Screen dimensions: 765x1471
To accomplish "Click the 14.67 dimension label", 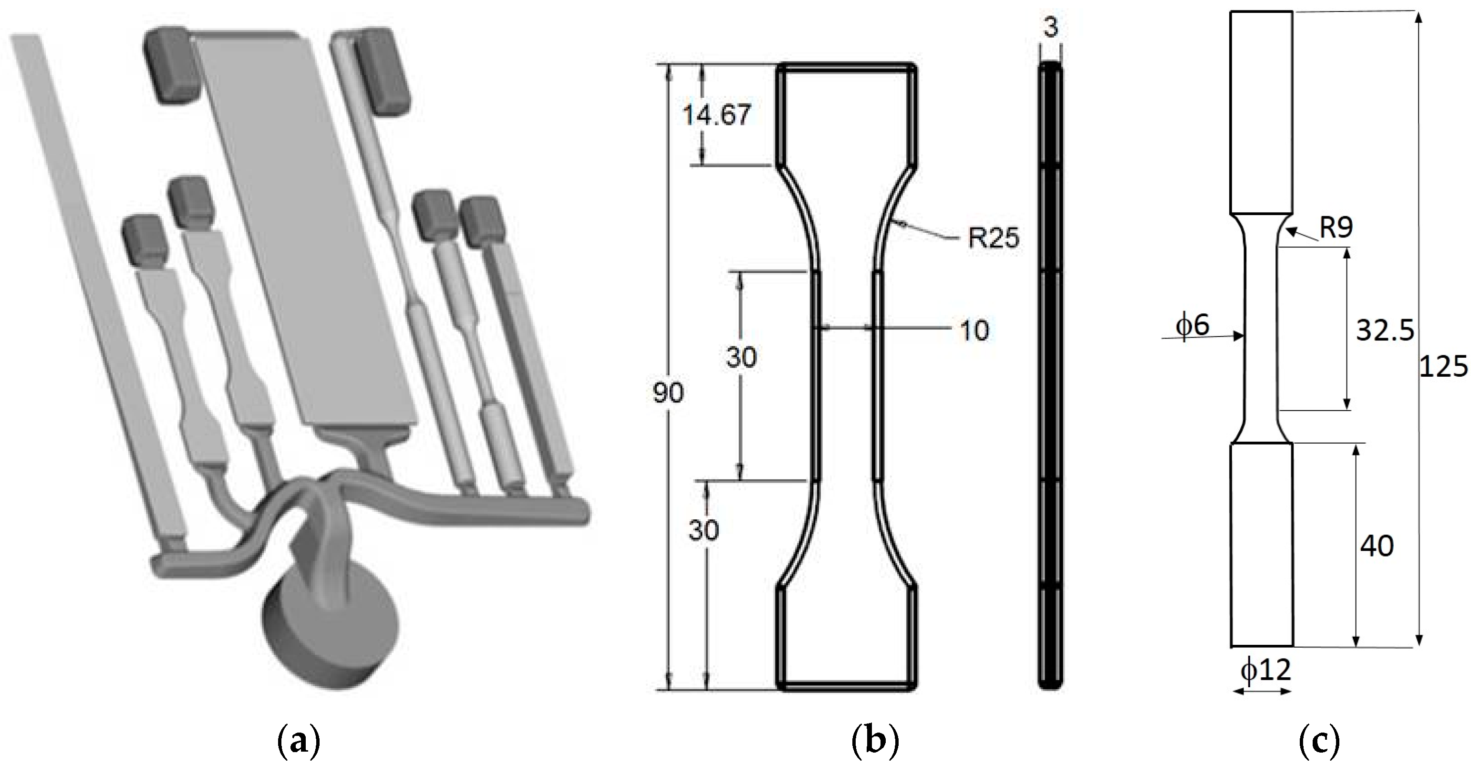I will tap(716, 115).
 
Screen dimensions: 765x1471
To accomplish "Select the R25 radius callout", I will tap(993, 238).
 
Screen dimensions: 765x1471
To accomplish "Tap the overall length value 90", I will tap(668, 393).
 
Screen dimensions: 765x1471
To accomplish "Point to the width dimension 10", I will tap(974, 330).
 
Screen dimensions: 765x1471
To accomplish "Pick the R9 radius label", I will tap(1336, 228).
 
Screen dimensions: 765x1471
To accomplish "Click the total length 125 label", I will tap(1443, 366).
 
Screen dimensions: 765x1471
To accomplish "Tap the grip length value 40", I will tap(1376, 546).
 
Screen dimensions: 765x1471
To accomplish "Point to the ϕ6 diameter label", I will tap(1192, 325).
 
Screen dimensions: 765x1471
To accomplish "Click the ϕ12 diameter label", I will tap(1265, 670).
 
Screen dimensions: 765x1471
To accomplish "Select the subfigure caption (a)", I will tap(298, 741).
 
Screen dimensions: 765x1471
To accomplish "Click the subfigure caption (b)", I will tap(875, 741).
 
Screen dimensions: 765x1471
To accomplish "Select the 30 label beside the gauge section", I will tap(741, 357).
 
